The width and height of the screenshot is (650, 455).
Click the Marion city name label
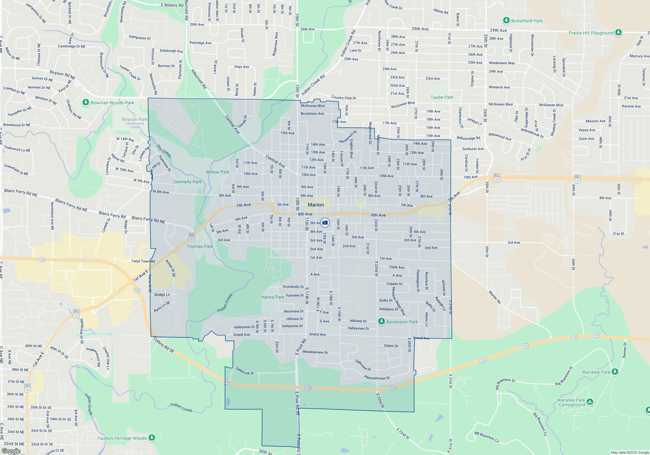[x=316, y=205]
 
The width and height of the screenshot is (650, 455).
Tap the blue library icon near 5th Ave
[x=325, y=223]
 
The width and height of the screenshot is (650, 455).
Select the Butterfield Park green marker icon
[x=506, y=20]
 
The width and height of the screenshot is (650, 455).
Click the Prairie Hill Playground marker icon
[x=618, y=32]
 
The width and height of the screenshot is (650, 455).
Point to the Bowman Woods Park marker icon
[x=85, y=102]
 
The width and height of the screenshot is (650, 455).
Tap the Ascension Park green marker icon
[x=382, y=321]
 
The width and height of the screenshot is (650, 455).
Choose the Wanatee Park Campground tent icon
[x=590, y=402]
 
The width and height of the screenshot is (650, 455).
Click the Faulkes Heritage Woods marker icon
[x=151, y=438]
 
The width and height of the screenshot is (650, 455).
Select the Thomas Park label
[x=200, y=246]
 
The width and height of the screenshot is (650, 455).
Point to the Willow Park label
[x=217, y=172]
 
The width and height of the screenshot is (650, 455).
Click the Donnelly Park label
[x=188, y=182]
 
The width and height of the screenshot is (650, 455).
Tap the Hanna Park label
[x=272, y=297]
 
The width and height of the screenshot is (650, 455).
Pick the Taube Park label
[x=442, y=97]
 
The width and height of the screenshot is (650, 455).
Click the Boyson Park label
[x=135, y=119]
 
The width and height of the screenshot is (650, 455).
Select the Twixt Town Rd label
[x=143, y=261]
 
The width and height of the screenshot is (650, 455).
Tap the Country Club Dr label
[x=344, y=97]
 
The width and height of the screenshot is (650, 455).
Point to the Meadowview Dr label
[x=315, y=352]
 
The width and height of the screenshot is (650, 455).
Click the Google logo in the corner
[x=11, y=451]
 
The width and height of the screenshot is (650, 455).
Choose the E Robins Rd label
[x=172, y=5]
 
